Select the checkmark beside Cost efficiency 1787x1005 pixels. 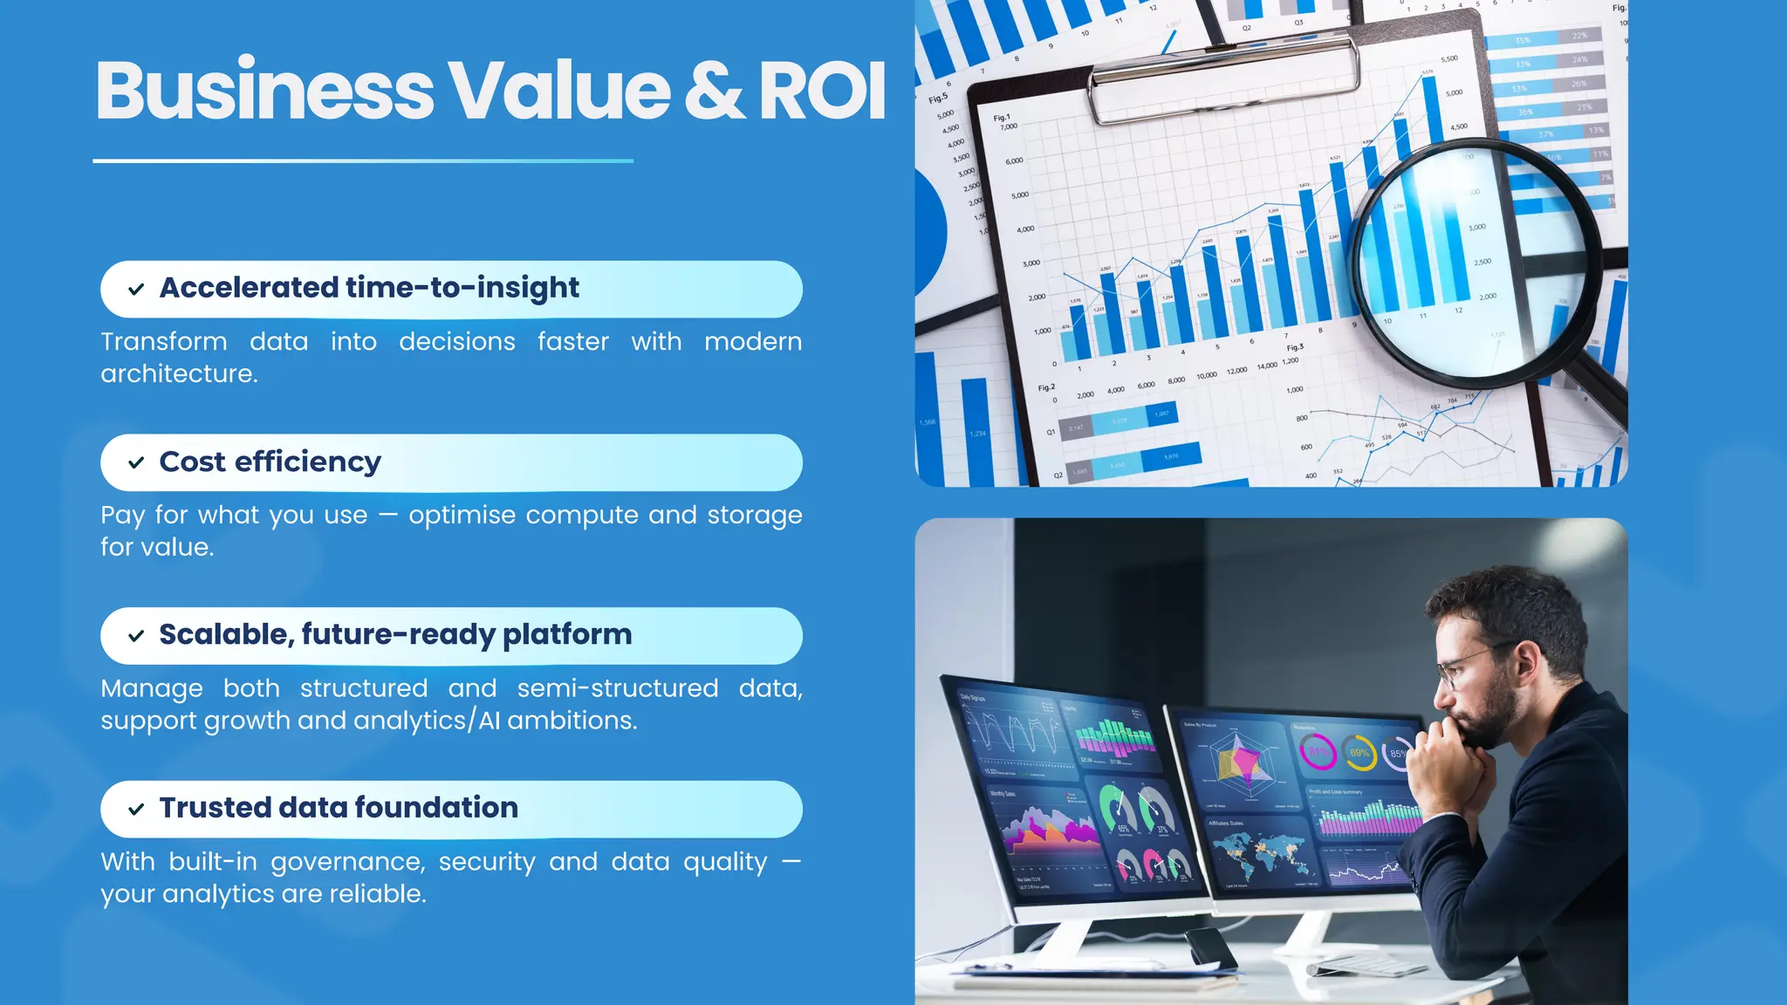136,463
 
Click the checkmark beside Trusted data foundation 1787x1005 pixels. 136,810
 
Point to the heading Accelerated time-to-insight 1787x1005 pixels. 369,288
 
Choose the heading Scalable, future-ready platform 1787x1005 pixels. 395,634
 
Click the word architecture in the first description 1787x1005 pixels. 179,373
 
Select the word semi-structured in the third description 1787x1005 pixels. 617,688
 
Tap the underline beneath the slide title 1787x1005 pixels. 363,161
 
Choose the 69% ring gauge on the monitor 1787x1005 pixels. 1359,753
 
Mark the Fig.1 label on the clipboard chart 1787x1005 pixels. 1001,117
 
